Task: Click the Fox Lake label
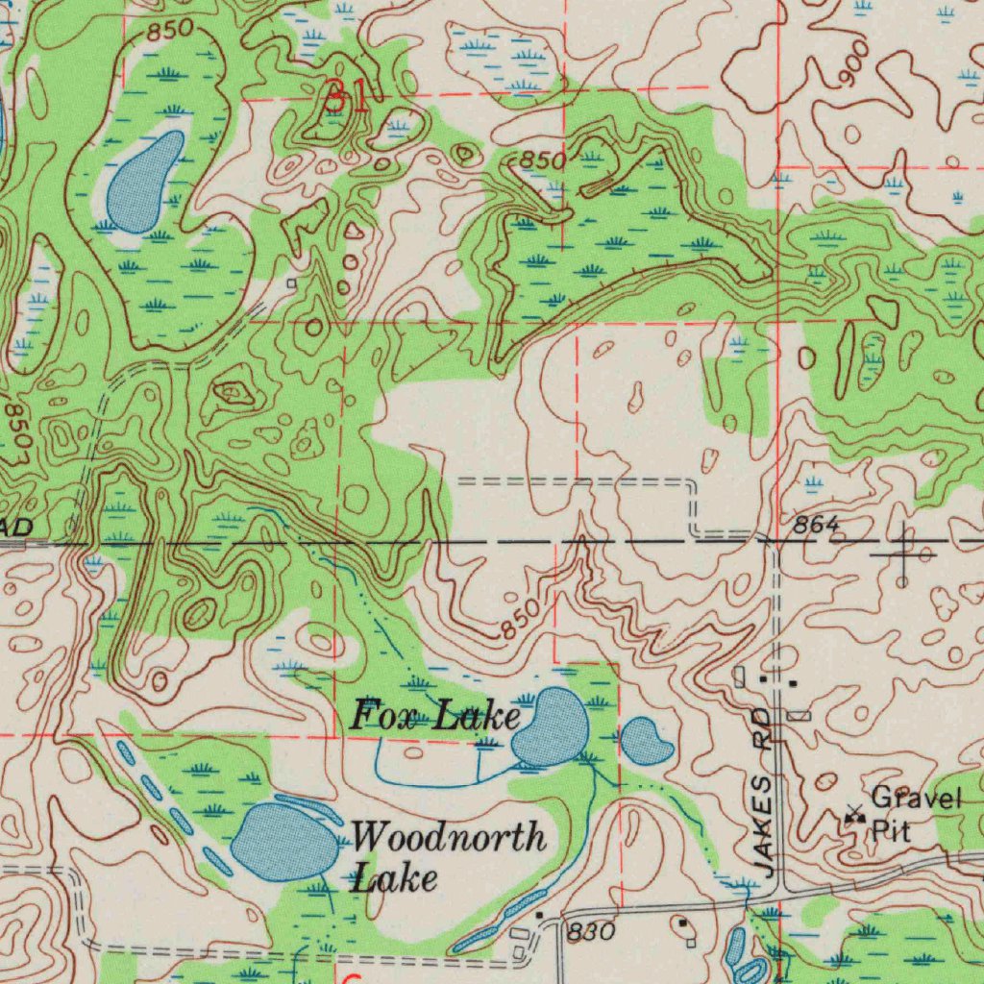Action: (x=434, y=716)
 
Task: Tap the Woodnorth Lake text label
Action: (x=448, y=856)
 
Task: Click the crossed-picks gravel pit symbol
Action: (x=852, y=817)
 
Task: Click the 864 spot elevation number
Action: (x=817, y=525)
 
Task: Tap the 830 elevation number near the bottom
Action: (x=590, y=931)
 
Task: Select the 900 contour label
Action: (x=853, y=63)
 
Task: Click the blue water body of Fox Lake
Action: (x=550, y=728)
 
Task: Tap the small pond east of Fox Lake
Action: (x=646, y=741)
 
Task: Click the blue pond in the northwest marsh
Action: (x=144, y=182)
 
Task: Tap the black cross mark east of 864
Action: (x=903, y=553)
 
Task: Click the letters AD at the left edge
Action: (x=15, y=528)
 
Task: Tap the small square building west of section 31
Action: (x=291, y=283)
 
